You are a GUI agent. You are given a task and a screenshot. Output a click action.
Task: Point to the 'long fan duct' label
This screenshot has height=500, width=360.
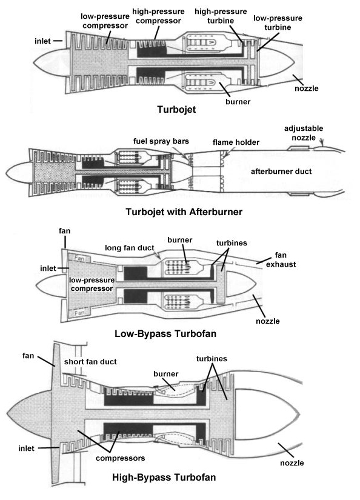(130, 247)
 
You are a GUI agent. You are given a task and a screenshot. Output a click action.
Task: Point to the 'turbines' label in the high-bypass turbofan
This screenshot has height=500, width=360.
(212, 359)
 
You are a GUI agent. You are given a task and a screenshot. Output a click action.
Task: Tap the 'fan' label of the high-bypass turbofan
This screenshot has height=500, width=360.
(28, 356)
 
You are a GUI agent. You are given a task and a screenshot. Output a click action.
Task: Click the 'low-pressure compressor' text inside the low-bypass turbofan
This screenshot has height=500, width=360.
(92, 284)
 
